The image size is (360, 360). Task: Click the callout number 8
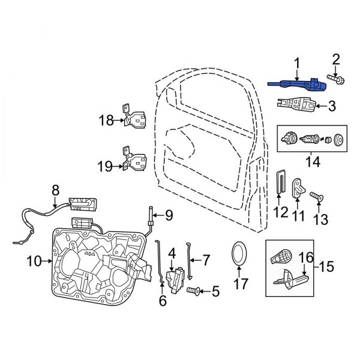coord(55,190)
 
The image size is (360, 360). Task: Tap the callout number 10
coord(34,260)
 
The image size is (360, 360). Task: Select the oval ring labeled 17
coord(239,254)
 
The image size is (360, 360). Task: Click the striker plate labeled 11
coord(298,188)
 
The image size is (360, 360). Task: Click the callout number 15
coord(343,265)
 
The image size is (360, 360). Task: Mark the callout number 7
coord(206,260)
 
